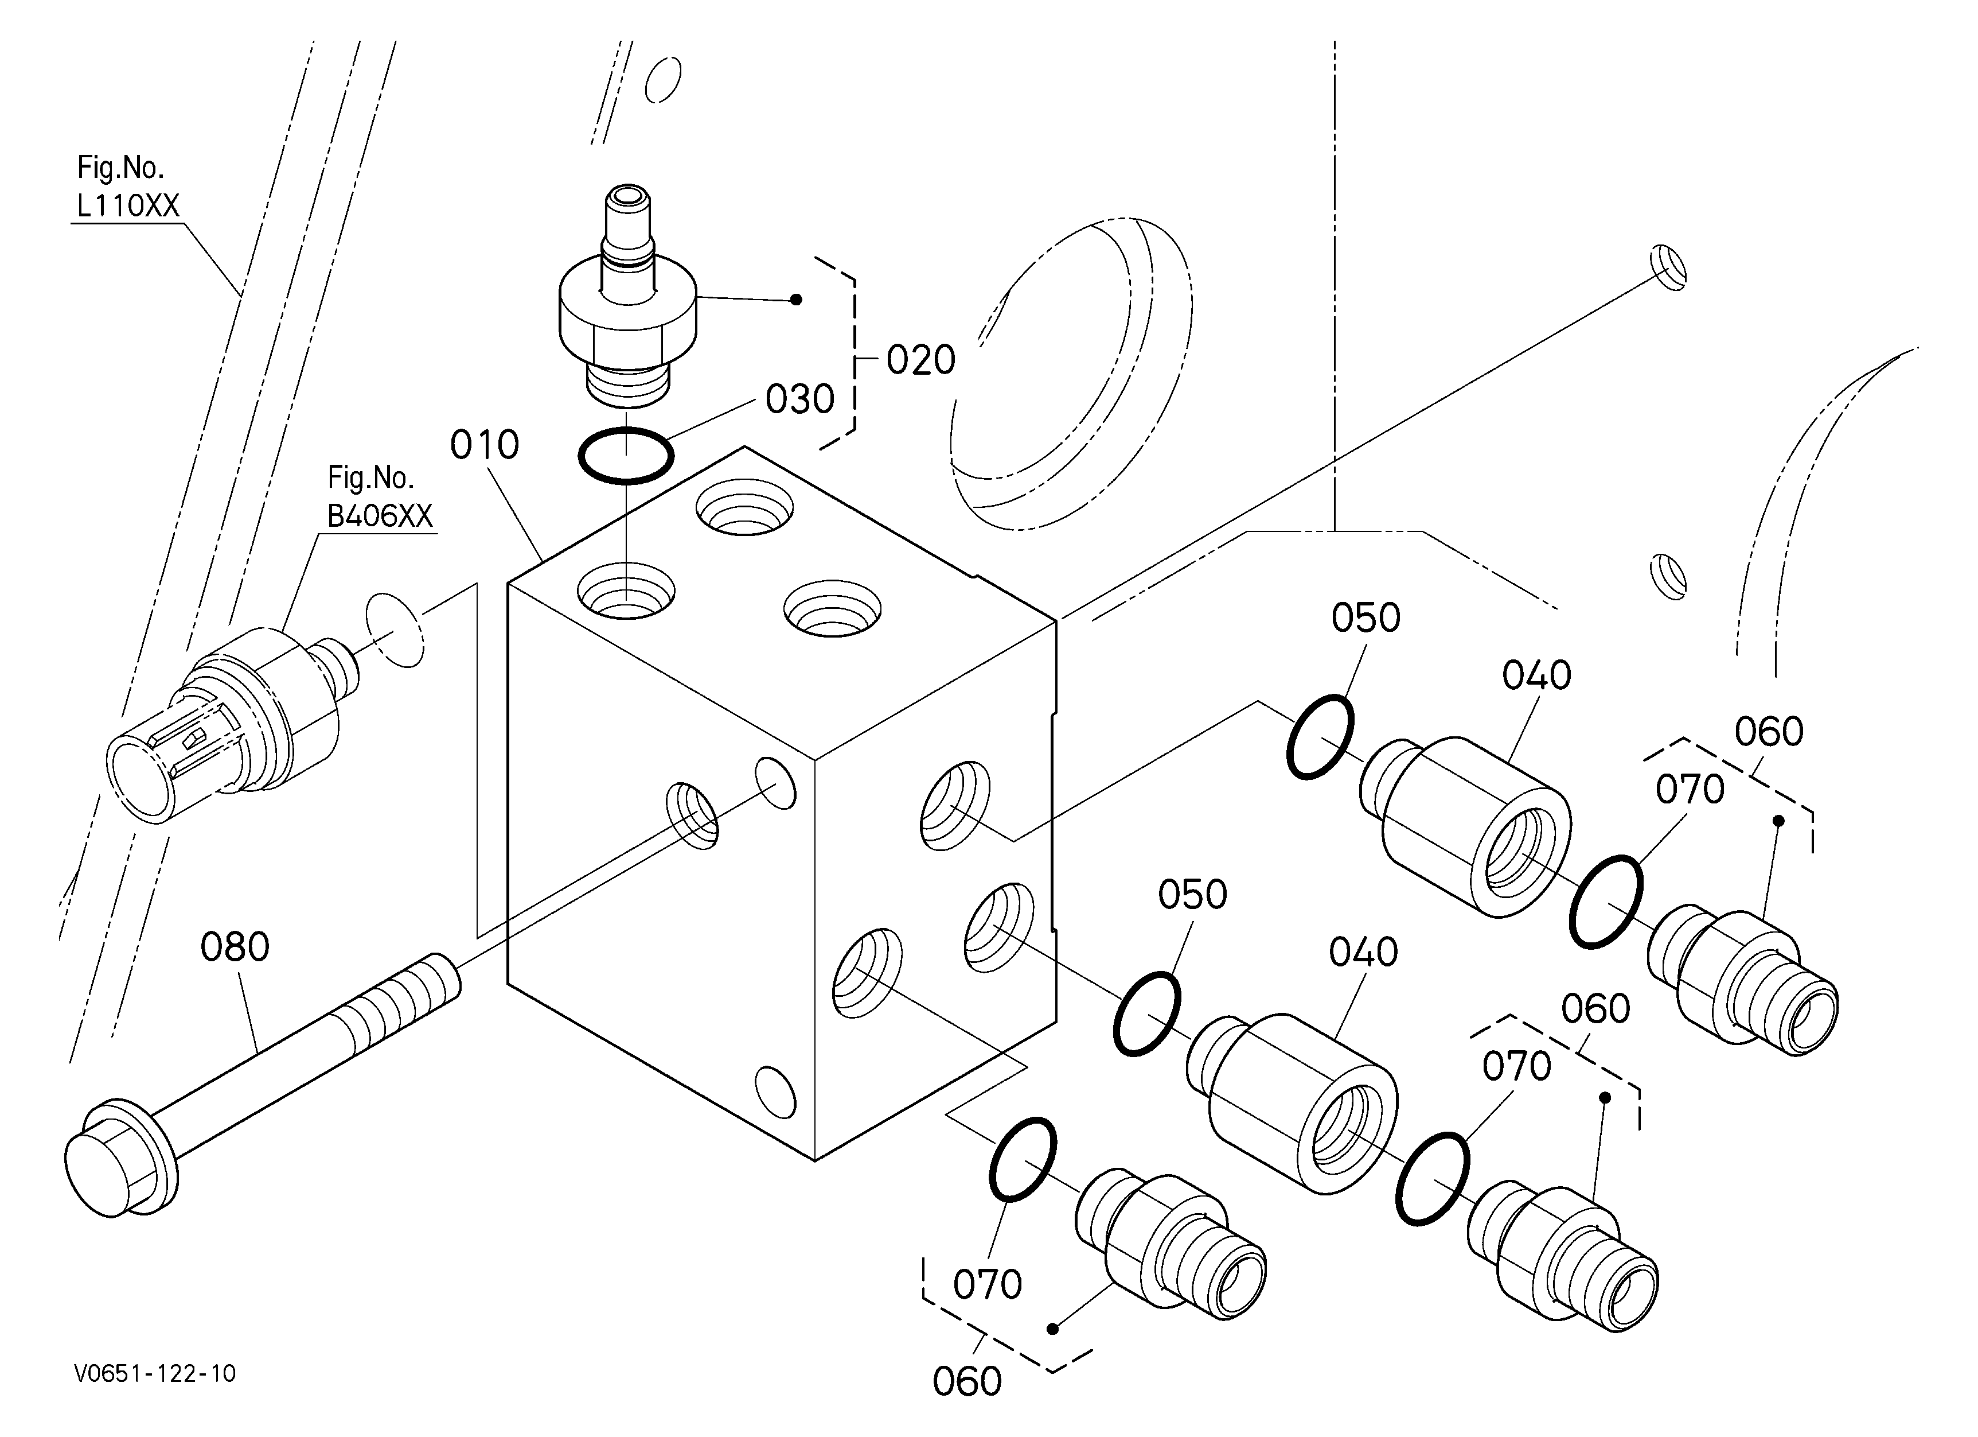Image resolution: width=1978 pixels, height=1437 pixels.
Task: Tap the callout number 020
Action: point(921,360)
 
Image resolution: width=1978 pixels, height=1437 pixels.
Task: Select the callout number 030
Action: point(800,399)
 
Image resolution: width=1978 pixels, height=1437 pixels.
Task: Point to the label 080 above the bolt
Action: point(235,947)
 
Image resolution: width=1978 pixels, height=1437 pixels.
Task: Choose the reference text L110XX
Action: point(128,206)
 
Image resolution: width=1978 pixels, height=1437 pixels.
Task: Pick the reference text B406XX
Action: point(380,516)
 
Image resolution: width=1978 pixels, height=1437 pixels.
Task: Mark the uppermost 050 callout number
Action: point(1366,617)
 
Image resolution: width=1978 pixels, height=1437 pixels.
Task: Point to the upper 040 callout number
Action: point(1537,675)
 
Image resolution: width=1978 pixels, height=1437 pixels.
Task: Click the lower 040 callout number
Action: point(1363,952)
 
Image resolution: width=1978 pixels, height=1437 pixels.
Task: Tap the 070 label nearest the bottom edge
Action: point(987,1285)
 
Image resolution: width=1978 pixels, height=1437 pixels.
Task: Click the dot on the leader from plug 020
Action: point(795,300)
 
